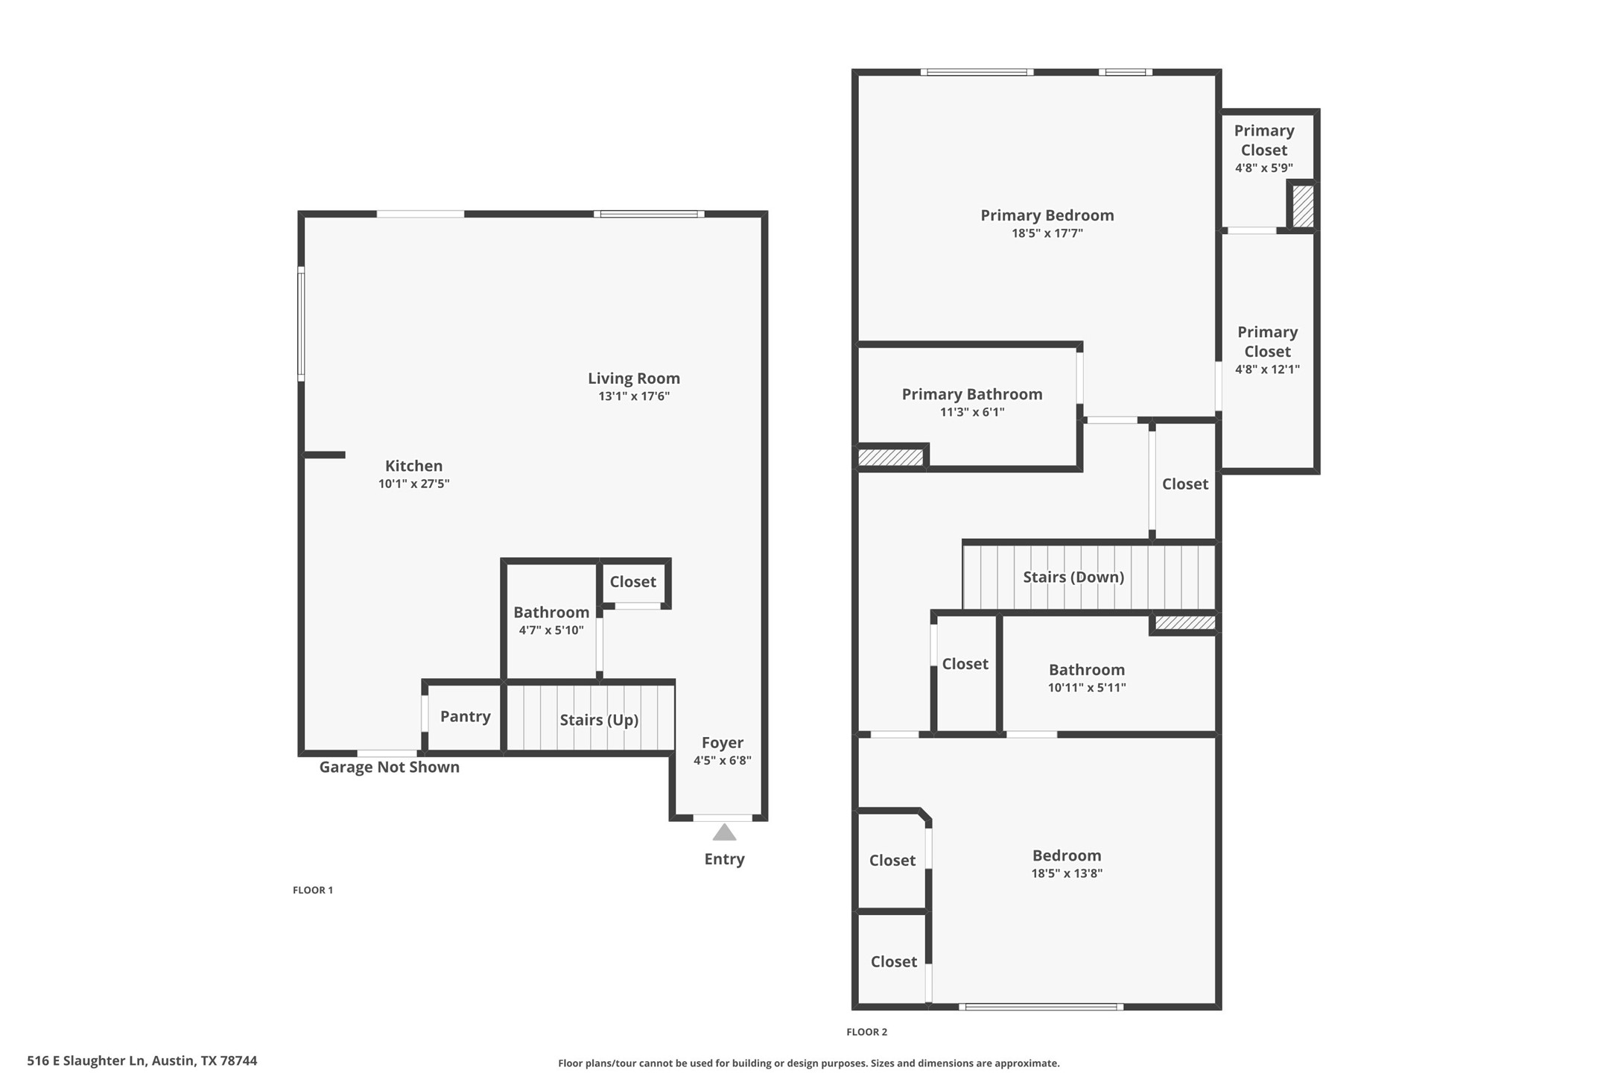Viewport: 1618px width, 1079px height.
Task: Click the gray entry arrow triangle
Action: point(724,832)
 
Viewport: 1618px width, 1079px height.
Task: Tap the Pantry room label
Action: point(465,716)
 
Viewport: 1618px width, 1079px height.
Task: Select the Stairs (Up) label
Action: point(599,719)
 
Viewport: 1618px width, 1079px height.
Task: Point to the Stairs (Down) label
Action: point(1073,576)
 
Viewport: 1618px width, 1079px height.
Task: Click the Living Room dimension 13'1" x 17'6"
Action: point(634,396)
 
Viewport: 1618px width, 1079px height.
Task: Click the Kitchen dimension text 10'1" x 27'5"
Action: point(413,484)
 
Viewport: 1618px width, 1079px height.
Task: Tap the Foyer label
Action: point(722,742)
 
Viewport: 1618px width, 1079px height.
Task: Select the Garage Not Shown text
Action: point(389,767)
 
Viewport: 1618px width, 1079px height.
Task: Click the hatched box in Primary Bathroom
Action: point(890,457)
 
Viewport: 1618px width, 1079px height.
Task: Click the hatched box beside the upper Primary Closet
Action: point(1303,206)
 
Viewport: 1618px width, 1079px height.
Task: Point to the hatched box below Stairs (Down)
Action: point(1184,622)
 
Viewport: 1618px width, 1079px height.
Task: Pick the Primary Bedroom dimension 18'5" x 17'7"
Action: point(1047,233)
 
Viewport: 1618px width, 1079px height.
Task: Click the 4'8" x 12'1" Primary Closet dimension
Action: point(1267,369)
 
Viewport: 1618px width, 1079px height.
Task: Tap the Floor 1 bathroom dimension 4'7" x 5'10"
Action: point(551,630)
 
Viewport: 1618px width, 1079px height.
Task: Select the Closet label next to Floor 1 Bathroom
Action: point(632,581)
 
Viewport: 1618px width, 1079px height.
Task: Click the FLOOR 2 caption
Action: point(866,1031)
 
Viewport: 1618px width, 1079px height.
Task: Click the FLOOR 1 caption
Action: point(312,890)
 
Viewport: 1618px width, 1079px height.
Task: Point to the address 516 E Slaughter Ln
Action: point(142,1060)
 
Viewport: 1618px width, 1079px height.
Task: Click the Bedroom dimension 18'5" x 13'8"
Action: point(1066,873)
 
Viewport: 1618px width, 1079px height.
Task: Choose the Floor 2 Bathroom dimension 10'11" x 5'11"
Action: point(1086,688)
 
